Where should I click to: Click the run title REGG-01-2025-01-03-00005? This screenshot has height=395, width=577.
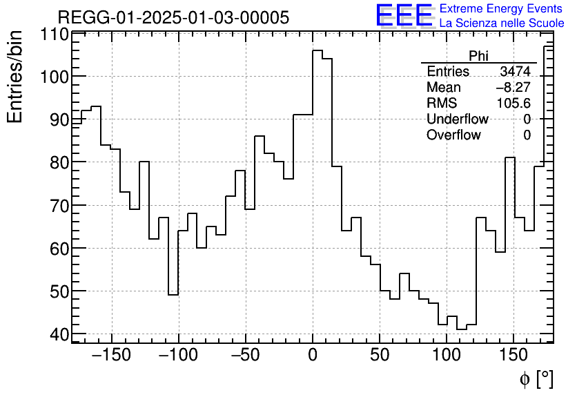click(173, 17)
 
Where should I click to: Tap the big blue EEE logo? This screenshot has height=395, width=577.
click(404, 16)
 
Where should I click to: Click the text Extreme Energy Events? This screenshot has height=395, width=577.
click(502, 9)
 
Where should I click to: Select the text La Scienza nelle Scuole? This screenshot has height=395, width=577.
click(502, 23)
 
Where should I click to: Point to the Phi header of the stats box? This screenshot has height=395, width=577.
click(478, 56)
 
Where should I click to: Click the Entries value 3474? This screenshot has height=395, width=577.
click(516, 72)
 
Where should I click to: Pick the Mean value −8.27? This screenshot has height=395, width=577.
click(513, 88)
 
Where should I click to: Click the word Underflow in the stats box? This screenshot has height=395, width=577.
click(458, 119)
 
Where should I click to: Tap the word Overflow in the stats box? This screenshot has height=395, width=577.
click(453, 135)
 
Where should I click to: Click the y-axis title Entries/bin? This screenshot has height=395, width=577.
click(15, 77)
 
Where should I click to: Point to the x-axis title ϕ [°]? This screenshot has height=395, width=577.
click(536, 379)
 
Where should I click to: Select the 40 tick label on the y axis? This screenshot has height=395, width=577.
click(60, 334)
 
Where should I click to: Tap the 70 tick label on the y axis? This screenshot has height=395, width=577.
click(60, 205)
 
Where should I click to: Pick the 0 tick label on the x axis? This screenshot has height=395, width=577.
click(313, 356)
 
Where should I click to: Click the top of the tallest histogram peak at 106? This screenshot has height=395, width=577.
click(317, 50)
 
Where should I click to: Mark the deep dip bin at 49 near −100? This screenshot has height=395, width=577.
click(173, 295)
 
